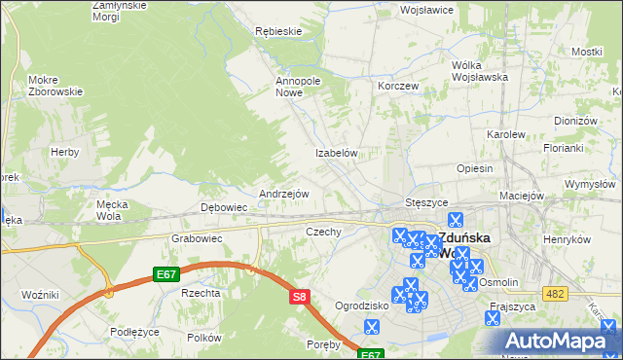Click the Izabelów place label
tap(338, 154)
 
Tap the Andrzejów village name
tap(283, 194)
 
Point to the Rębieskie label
tap(277, 31)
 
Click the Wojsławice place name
tap(427, 10)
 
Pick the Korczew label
tap(398, 86)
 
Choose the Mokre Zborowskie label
tap(55, 86)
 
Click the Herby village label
tap(64, 153)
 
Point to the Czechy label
tap(323, 232)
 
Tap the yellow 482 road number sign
tap(556, 293)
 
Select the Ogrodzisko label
tap(361, 306)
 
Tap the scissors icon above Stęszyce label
tap(453, 190)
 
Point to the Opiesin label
tap(474, 168)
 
